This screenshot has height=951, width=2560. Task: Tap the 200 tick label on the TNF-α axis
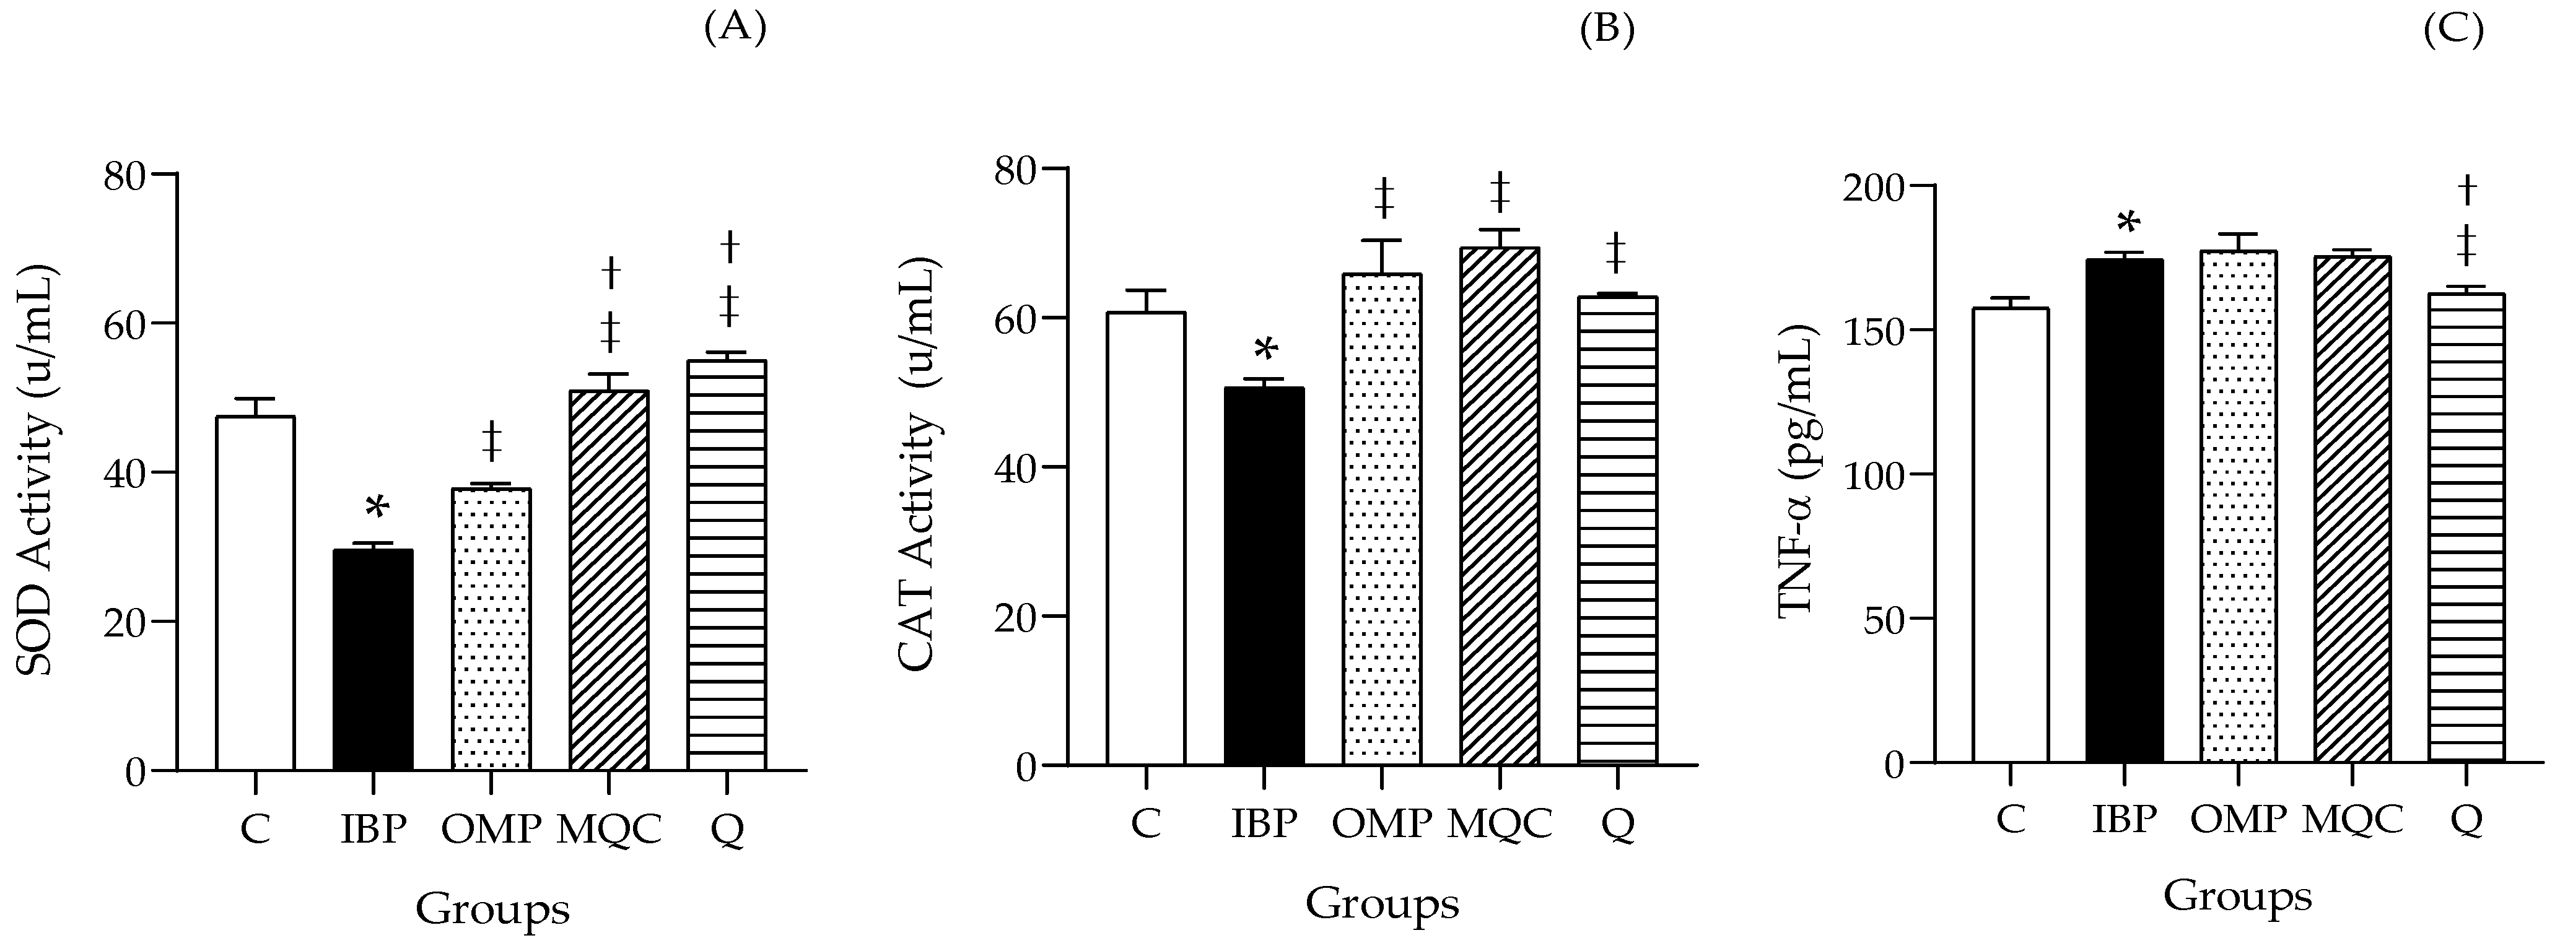pyautogui.click(x=1873, y=187)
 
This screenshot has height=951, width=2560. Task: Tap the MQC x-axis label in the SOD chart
pyautogui.click(x=608, y=828)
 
